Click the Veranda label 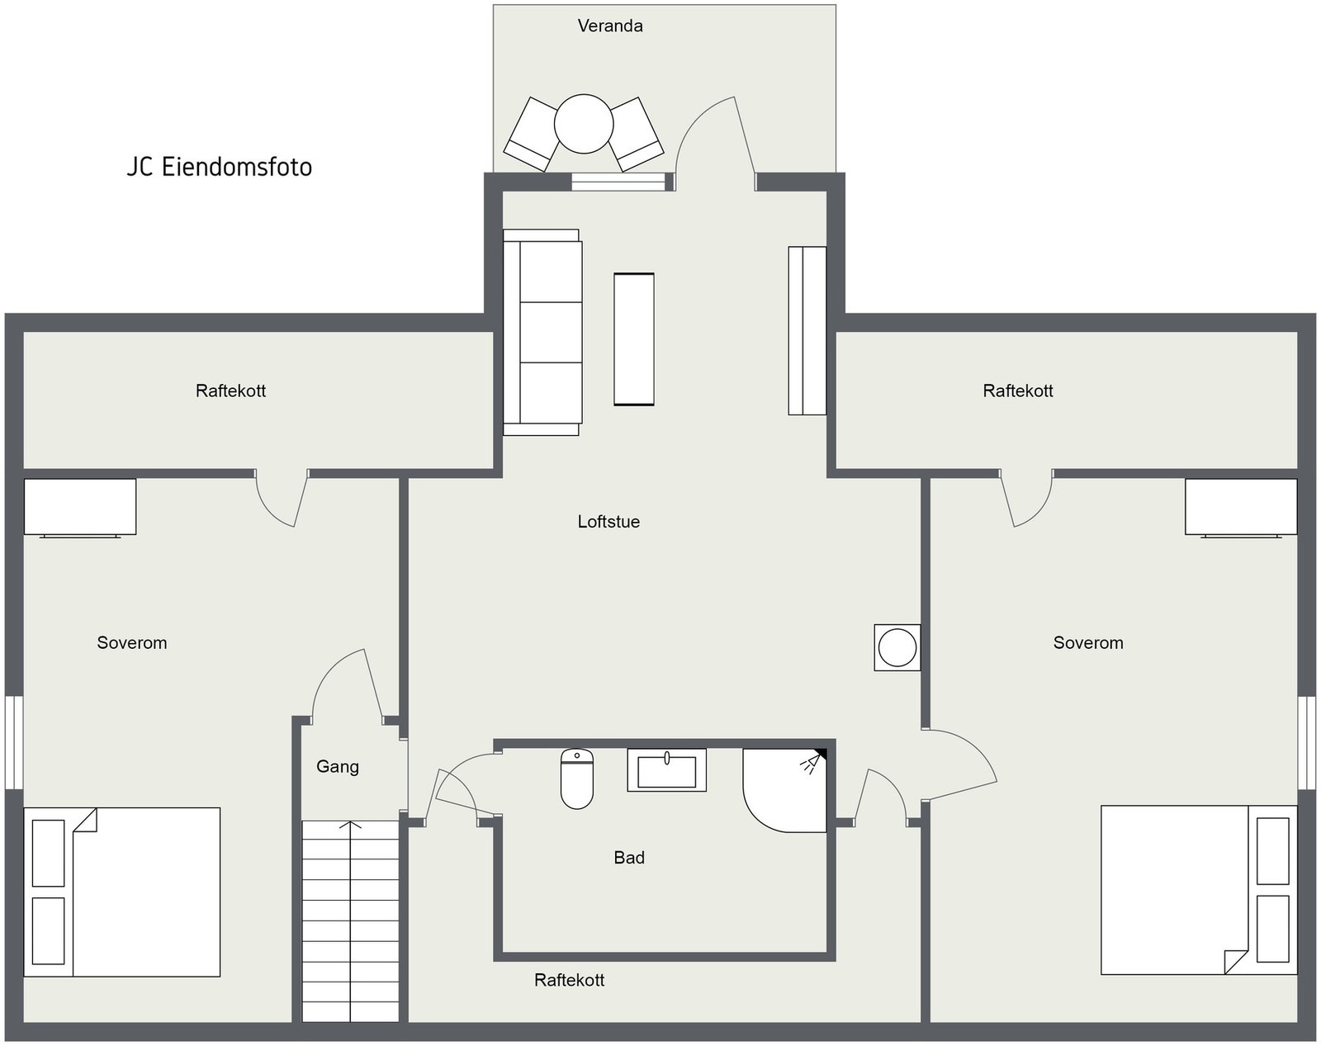[609, 26]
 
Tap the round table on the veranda [584, 124]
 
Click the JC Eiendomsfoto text [219, 167]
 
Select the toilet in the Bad [577, 779]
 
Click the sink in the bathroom [666, 770]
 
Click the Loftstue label [608, 522]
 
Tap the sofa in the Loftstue [542, 333]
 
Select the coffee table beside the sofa [634, 339]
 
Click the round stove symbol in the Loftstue [897, 647]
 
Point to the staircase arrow [351, 826]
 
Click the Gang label [338, 767]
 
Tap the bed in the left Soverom [122, 892]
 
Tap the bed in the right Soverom [1198, 890]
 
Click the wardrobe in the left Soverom [80, 507]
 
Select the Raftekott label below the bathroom [569, 980]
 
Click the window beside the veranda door [618, 182]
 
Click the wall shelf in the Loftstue [807, 330]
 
